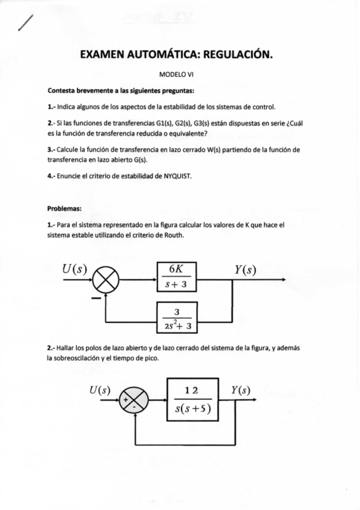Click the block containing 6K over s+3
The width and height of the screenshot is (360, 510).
[x=177, y=277]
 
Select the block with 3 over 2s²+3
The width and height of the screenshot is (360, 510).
[x=177, y=319]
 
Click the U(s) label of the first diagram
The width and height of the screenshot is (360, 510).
[x=73, y=269]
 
